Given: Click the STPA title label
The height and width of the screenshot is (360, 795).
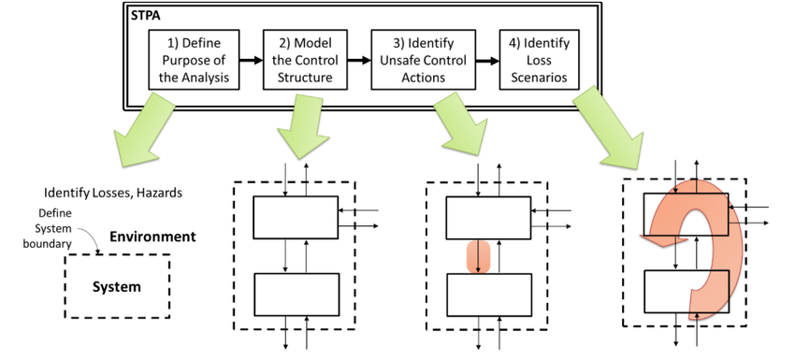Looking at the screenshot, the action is coord(146,16).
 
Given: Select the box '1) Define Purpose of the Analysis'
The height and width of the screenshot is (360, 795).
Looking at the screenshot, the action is coord(194,60).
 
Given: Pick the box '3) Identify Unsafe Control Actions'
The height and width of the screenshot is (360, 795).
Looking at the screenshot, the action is coord(424,60).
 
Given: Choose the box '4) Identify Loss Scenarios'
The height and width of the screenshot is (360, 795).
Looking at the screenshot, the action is coord(539,60).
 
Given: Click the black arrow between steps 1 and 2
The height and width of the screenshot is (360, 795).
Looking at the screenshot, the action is coord(251,61).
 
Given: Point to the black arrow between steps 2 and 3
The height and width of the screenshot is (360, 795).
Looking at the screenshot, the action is coord(359,61).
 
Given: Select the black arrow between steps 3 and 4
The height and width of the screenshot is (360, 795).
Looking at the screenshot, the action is coord(487,61).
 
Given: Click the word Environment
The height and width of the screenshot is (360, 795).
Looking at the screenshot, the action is coord(152,237).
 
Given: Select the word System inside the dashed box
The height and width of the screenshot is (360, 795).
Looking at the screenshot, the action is coord(117,287).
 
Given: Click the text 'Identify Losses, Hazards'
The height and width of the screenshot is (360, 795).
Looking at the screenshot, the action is coord(113,194).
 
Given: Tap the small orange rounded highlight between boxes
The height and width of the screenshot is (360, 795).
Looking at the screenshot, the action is coord(478,257).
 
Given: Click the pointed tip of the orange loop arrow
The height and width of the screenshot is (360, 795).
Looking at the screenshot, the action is coord(641,237).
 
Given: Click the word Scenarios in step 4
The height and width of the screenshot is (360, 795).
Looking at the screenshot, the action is coord(539,78).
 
